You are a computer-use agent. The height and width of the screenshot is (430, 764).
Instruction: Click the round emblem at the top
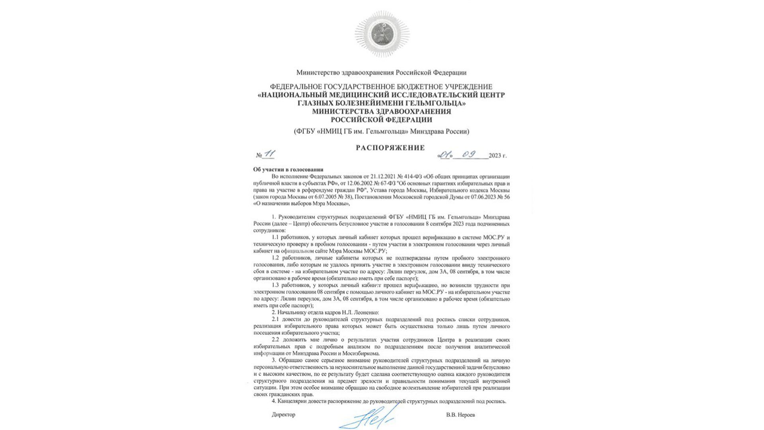tap(382, 34)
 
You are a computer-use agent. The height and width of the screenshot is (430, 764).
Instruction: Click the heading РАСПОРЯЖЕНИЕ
tap(390, 148)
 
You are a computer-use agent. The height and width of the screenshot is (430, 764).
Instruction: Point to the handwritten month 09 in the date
tap(469, 154)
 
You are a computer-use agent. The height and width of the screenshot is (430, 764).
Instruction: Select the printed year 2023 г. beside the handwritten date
tap(497, 156)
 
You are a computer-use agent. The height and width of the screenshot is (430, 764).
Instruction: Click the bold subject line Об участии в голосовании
tap(288, 170)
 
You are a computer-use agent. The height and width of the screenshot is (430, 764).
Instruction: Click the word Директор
tap(283, 415)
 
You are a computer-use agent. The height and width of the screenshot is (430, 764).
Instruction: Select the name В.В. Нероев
tap(460, 415)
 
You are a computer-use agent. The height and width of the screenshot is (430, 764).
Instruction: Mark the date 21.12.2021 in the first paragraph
tap(383, 177)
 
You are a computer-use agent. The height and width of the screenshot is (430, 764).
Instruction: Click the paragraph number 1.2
tap(276, 258)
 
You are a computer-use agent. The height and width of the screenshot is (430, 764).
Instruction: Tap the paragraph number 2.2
tap(276, 340)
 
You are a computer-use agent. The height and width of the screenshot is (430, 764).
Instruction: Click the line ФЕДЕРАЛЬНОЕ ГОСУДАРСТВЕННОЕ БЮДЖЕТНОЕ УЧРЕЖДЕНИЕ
tap(381, 87)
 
